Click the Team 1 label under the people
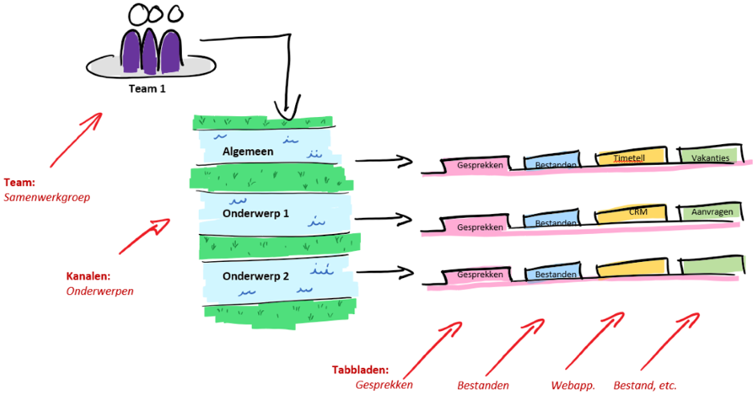[147, 89]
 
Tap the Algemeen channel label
[248, 151]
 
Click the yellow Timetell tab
[630, 158]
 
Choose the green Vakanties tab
[710, 158]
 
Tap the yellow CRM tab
[638, 213]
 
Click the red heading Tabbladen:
[360, 370]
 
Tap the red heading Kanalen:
[88, 276]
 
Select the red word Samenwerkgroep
[47, 196]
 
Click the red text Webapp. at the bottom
[573, 385]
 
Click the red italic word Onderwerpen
[99, 291]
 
